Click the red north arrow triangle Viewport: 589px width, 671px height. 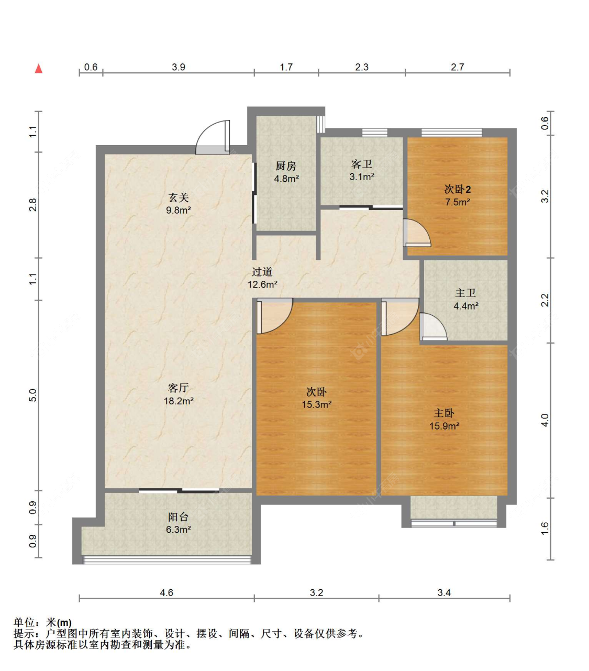(39, 69)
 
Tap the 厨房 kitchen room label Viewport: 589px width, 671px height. (286, 166)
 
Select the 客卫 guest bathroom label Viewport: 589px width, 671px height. (362, 164)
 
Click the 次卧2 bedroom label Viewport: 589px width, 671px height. (457, 189)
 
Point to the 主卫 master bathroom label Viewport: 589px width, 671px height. (465, 293)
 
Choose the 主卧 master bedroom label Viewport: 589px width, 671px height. (444, 413)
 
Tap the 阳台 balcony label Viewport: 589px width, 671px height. (178, 516)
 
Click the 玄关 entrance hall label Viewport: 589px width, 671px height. (179, 197)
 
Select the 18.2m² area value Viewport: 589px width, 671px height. (179, 401)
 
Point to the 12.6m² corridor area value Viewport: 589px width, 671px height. (262, 284)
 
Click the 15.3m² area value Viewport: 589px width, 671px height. (317, 404)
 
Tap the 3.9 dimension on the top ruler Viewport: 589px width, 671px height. (179, 67)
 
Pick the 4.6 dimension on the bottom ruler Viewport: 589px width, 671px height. (166, 592)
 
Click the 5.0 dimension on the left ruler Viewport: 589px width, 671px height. (33, 395)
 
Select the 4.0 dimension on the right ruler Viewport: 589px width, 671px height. (544, 420)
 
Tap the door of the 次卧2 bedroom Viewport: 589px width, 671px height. (417, 233)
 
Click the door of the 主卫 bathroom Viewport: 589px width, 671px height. (434, 327)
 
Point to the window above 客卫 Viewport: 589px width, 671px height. (374, 133)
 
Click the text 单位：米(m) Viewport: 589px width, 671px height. (42, 622)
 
